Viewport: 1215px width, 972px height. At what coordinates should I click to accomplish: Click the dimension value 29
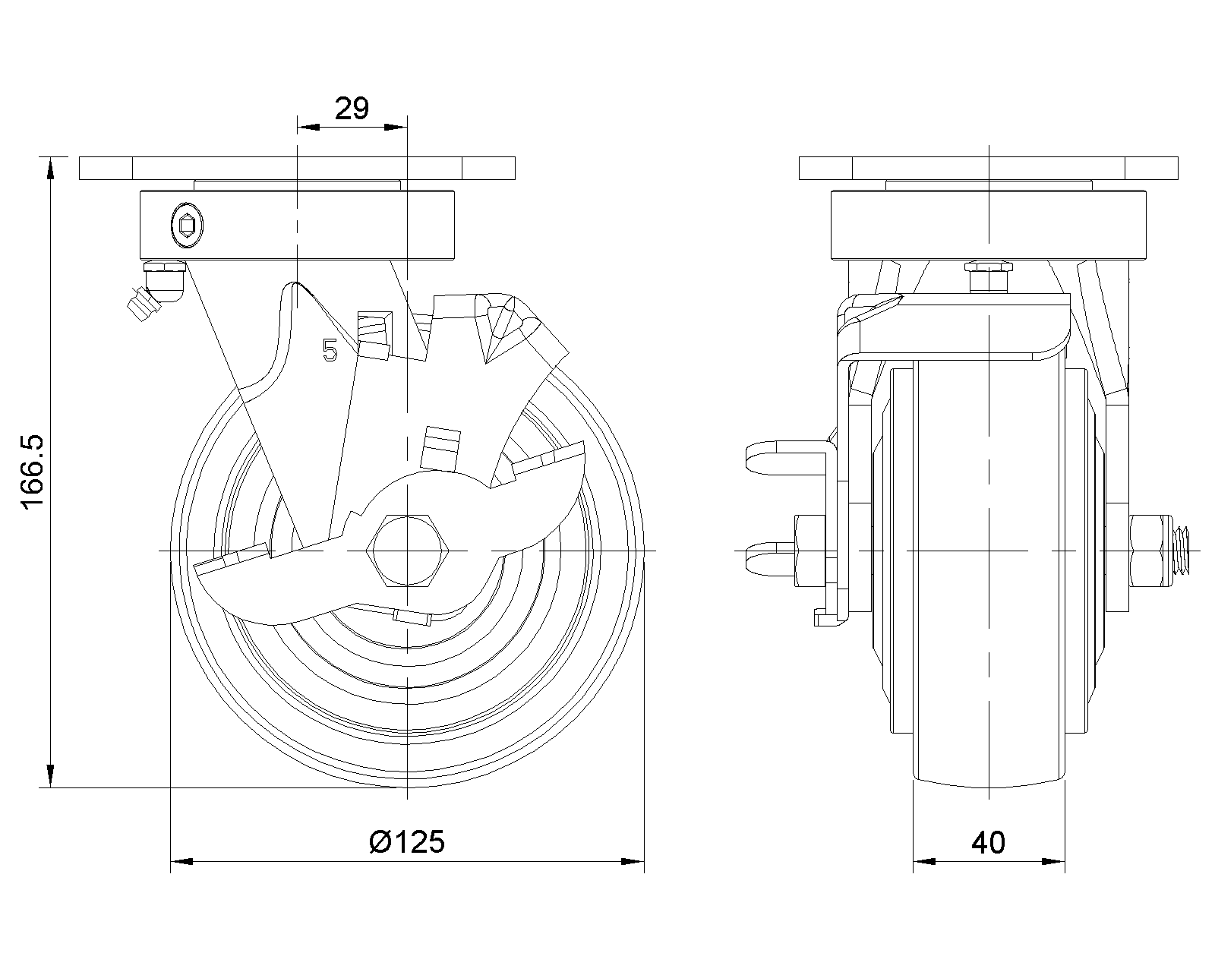[352, 109]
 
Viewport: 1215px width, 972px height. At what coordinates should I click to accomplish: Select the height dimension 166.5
[35, 472]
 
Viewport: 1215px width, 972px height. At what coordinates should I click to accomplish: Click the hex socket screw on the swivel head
[186, 225]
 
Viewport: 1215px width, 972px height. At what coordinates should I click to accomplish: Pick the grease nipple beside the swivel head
[144, 304]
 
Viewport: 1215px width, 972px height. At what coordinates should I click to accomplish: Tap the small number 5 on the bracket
[330, 350]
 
